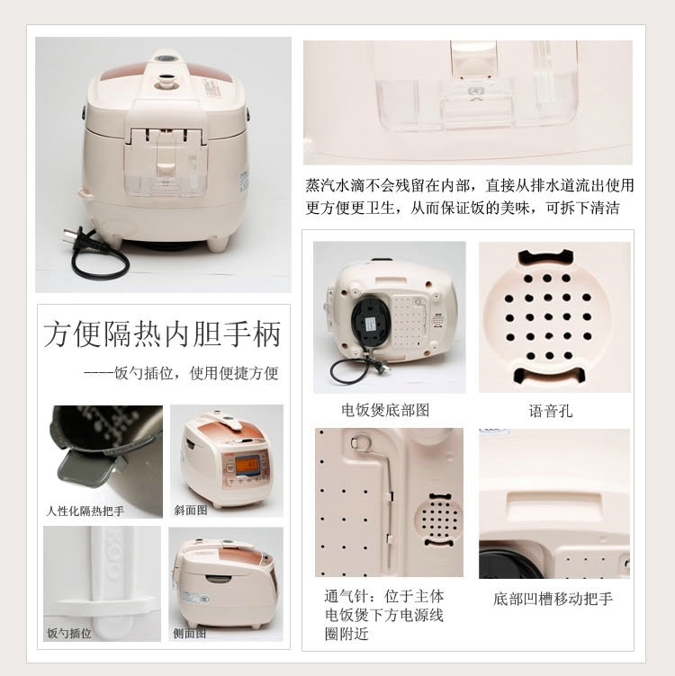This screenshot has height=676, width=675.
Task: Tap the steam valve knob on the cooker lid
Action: [x=166, y=81]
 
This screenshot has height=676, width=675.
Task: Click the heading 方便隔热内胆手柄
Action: [x=162, y=334]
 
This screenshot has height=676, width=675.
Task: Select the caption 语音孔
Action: [x=551, y=411]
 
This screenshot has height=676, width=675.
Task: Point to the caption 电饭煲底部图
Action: [x=385, y=410]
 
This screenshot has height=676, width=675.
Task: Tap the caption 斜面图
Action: [x=190, y=510]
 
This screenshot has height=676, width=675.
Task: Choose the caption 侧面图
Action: [x=190, y=633]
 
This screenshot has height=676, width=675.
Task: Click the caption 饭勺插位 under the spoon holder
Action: [x=69, y=633]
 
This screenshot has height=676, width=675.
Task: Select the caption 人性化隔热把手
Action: [x=85, y=511]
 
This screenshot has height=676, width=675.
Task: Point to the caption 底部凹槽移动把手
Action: [x=553, y=599]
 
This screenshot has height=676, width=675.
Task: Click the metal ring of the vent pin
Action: [x=359, y=441]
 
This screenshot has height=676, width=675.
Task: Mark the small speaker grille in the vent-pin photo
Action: [x=438, y=520]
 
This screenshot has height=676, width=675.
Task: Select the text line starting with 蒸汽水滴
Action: [x=470, y=185]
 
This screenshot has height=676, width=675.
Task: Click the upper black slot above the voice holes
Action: [x=546, y=257]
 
